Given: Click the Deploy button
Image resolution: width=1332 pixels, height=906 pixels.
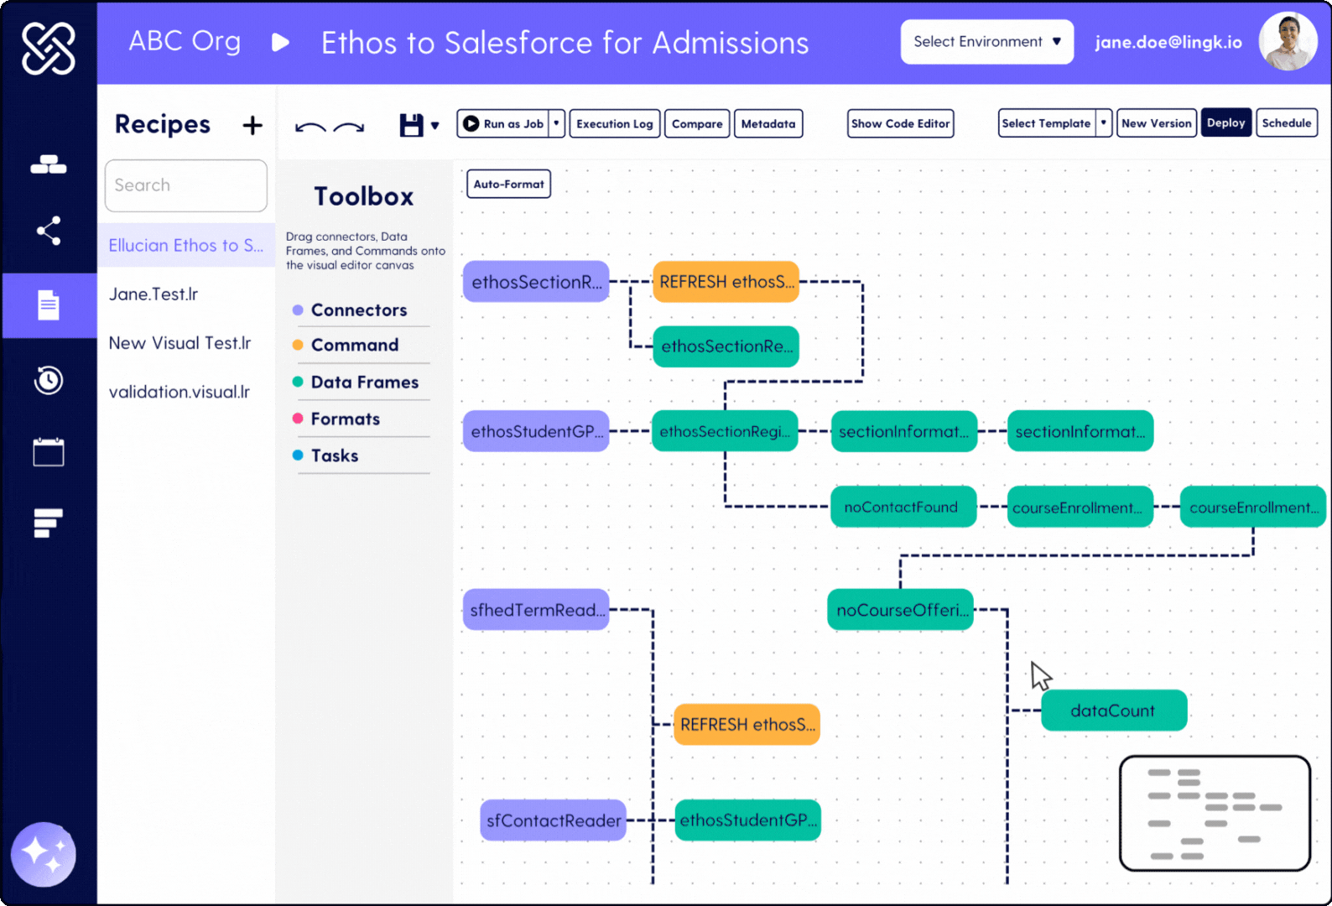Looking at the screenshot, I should click(1225, 123).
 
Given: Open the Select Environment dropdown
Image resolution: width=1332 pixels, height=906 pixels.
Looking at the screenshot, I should click(986, 42).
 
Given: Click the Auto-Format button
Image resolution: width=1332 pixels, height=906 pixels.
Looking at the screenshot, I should click(508, 184).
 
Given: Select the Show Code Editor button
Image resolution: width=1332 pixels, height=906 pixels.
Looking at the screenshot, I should click(900, 123).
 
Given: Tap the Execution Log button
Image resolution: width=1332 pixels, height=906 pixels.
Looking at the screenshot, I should click(614, 123).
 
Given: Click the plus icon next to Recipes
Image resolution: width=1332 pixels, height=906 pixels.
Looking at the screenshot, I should click(252, 126).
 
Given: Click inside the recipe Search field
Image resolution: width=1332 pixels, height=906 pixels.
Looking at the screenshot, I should click(185, 185).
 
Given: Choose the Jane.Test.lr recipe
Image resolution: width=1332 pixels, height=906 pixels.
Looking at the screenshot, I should click(153, 294).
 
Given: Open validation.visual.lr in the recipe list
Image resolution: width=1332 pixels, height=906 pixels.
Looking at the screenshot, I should click(180, 392).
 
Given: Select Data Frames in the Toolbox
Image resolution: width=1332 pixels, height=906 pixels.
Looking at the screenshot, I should click(364, 383).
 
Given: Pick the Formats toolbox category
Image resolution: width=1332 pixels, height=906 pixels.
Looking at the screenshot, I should click(345, 419).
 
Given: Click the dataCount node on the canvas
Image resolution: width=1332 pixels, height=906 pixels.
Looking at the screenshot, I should click(1113, 711).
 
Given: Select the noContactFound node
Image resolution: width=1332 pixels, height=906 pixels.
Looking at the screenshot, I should click(902, 508).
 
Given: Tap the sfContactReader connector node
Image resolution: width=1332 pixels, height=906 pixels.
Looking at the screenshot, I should click(553, 820).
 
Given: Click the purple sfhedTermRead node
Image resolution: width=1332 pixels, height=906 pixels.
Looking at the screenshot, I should click(536, 610).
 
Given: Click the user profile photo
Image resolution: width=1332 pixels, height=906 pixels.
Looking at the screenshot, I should click(1288, 42).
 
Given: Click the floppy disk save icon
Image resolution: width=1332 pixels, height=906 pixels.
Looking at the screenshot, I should click(411, 126).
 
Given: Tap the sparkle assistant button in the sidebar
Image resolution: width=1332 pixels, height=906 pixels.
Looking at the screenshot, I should click(44, 854).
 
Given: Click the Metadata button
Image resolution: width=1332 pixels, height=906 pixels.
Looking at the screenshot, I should click(767, 123).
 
